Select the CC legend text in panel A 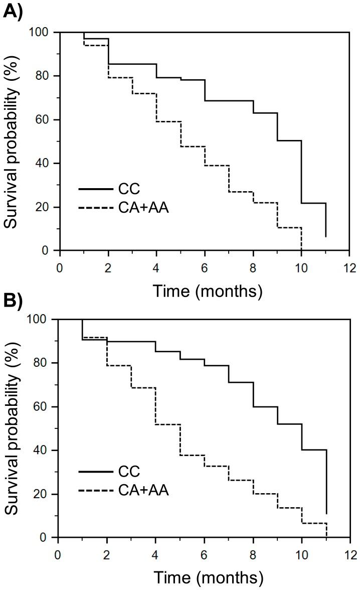[130, 189]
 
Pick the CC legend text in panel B [130, 472]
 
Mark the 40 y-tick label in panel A [42, 164]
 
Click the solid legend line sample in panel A [95, 189]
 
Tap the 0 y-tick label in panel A [46, 251]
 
